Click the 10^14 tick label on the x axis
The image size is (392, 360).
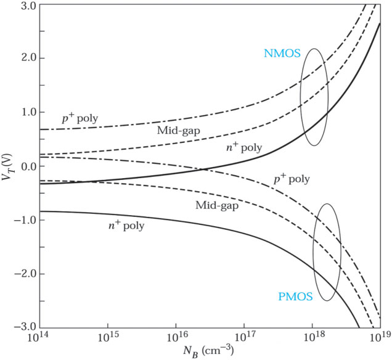pyautogui.click(x=39, y=338)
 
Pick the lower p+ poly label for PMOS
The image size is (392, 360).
pyautogui.click(x=290, y=179)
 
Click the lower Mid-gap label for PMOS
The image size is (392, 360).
pyautogui.click(x=216, y=204)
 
